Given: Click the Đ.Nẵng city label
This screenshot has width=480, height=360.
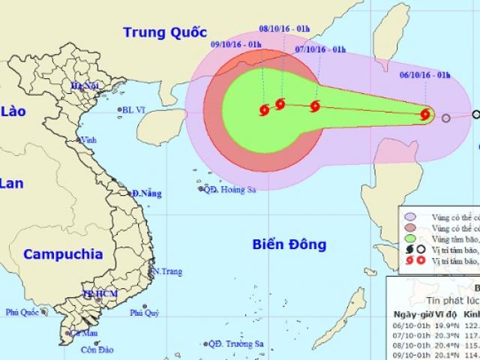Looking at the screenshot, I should tap(146, 194).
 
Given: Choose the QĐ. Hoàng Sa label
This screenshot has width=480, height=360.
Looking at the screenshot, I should tap(230, 190).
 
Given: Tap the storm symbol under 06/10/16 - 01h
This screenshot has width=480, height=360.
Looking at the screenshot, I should tap(426, 115).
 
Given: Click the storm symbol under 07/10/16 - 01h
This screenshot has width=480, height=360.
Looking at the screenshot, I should tap(315, 106).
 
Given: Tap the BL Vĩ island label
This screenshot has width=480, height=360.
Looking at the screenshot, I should tap(135, 110).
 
